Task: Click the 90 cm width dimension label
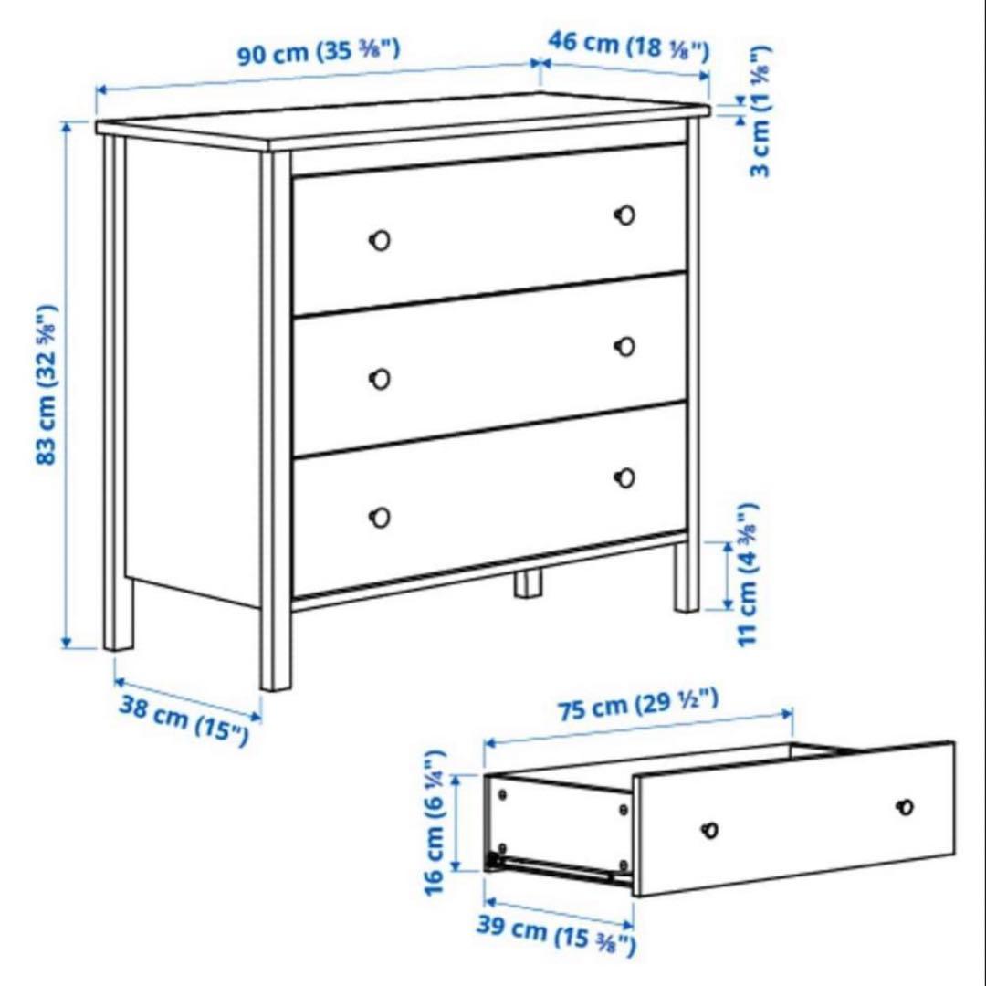click(319, 51)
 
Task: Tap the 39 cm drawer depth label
click(555, 934)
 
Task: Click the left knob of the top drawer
click(380, 240)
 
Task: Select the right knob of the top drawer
click(625, 215)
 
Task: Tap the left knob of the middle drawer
click(380, 378)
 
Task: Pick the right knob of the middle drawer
click(625, 346)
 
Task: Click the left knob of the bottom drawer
click(380, 517)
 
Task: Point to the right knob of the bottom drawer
click(625, 477)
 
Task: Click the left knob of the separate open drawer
click(709, 830)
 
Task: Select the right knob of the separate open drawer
click(905, 807)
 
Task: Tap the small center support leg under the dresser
click(527, 583)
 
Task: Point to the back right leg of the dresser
click(687, 577)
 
